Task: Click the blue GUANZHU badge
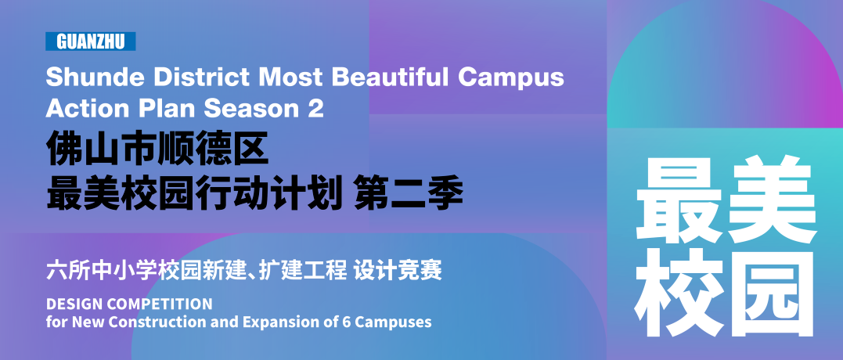coord(90,41)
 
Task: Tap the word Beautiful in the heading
coord(391,77)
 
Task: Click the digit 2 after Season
coord(316,109)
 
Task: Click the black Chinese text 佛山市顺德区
coord(157,148)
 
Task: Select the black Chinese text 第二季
coord(408,195)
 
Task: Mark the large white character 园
coord(773,293)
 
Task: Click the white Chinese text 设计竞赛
coord(398,271)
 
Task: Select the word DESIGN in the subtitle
coord(72,304)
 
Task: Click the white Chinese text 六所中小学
coord(102,271)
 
